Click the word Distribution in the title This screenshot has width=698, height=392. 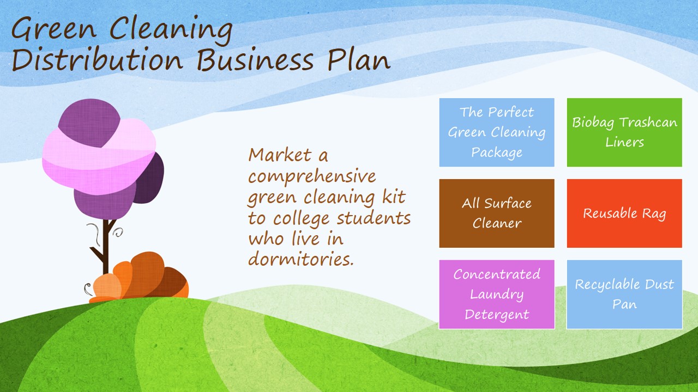pyautogui.click(x=97, y=59)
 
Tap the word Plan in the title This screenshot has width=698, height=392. pyautogui.click(x=359, y=59)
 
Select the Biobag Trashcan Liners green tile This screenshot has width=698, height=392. pyautogui.click(x=624, y=132)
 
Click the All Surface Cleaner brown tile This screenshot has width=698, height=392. pyautogui.click(x=497, y=213)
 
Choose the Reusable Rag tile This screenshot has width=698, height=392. pyautogui.click(x=624, y=213)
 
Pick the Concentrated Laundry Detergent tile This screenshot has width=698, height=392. pyautogui.click(x=497, y=295)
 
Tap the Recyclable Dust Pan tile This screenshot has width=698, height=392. pyautogui.click(x=624, y=295)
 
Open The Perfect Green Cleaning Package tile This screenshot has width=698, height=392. pyautogui.click(x=497, y=132)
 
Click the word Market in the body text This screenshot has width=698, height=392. pyautogui.click(x=280, y=155)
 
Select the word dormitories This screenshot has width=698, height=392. pyautogui.click(x=301, y=258)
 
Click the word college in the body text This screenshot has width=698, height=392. pyautogui.click(x=301, y=219)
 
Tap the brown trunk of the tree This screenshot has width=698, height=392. pyautogui.click(x=106, y=246)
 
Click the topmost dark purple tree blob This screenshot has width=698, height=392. pyautogui.click(x=89, y=122)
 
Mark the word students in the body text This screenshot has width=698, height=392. pyautogui.click(x=374, y=218)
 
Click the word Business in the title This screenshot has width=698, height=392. pyautogui.click(x=255, y=59)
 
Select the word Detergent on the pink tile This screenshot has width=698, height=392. pyautogui.click(x=497, y=314)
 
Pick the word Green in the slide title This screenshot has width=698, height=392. pyautogui.click(x=53, y=29)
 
